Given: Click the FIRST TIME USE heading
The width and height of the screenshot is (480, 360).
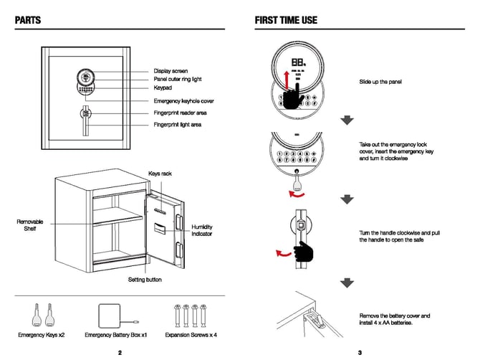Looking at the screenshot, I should click(x=286, y=20).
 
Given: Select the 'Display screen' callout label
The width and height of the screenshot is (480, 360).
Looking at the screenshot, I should click(x=171, y=71).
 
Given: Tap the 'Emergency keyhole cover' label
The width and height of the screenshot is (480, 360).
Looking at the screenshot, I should click(x=183, y=101).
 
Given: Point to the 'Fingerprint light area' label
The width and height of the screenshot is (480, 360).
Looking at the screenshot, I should click(x=178, y=125).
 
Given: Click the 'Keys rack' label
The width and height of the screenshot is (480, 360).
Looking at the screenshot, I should click(x=160, y=174).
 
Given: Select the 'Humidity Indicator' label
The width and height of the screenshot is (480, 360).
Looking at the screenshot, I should click(x=202, y=230).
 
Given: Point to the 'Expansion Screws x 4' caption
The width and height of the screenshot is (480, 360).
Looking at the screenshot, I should click(x=191, y=335).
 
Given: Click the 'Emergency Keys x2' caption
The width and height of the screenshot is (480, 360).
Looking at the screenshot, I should click(x=41, y=335).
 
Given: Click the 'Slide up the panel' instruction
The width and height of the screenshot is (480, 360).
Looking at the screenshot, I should click(x=380, y=82).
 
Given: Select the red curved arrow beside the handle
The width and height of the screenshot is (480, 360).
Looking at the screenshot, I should click(x=283, y=252).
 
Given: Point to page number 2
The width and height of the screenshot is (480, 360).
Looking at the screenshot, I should click(x=120, y=352).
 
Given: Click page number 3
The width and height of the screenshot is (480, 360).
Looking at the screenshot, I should click(x=360, y=352).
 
